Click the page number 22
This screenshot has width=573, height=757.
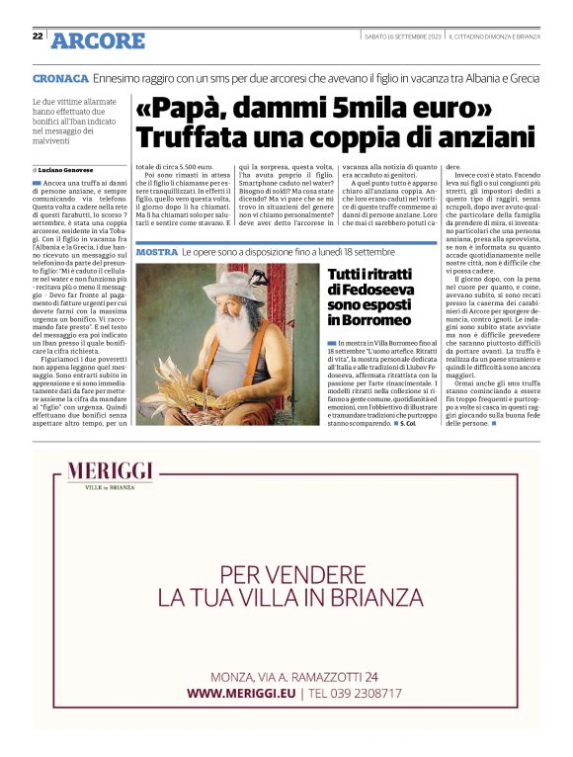click(x=38, y=36)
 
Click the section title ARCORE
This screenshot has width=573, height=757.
click(x=98, y=41)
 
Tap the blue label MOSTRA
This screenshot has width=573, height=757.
click(x=156, y=254)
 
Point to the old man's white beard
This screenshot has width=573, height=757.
click(x=229, y=333)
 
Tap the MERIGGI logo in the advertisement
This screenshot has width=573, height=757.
click(x=114, y=474)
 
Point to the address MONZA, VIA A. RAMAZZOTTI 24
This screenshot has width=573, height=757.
click(x=293, y=676)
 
